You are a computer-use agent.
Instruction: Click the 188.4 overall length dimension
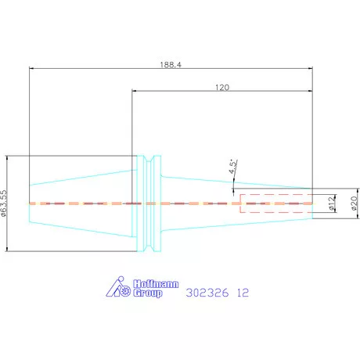(171, 65)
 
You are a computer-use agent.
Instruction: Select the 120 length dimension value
(222, 87)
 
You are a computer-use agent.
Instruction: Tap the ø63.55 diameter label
(4, 203)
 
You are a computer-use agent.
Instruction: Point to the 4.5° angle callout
(233, 167)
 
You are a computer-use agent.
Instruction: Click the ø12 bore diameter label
(331, 203)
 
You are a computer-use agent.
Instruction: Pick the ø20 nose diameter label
(354, 203)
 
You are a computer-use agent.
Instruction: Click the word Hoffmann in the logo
(156, 284)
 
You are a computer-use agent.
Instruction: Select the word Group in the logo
(148, 293)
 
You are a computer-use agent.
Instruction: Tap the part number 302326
(207, 293)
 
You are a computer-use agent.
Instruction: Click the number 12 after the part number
(243, 293)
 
